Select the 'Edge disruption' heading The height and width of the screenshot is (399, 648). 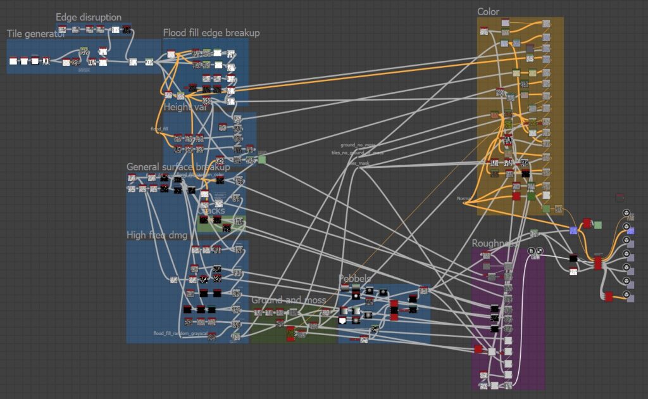pyautogui.click(x=89, y=17)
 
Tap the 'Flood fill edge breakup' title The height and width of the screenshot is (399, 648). pyautogui.click(x=211, y=33)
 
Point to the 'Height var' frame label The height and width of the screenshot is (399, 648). pyautogui.click(x=185, y=107)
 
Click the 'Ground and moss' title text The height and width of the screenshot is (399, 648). pyautogui.click(x=289, y=300)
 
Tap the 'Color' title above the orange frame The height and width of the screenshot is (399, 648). pyautogui.click(x=488, y=12)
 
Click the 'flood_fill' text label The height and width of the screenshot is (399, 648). pyautogui.click(x=159, y=129)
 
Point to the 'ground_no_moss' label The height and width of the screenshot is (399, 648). pyautogui.click(x=358, y=146)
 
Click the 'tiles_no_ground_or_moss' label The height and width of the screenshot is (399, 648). pyautogui.click(x=357, y=153)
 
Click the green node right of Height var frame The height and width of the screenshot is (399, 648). pyautogui.click(x=262, y=160)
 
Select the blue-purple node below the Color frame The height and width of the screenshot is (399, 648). pyautogui.click(x=573, y=230)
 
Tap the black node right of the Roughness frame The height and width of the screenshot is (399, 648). pyautogui.click(x=573, y=258)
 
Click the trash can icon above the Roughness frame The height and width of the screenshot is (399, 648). pyautogui.click(x=532, y=251)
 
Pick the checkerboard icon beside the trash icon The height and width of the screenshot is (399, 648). pyautogui.click(x=539, y=251)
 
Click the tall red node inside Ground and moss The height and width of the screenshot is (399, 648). pyautogui.click(x=290, y=334)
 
